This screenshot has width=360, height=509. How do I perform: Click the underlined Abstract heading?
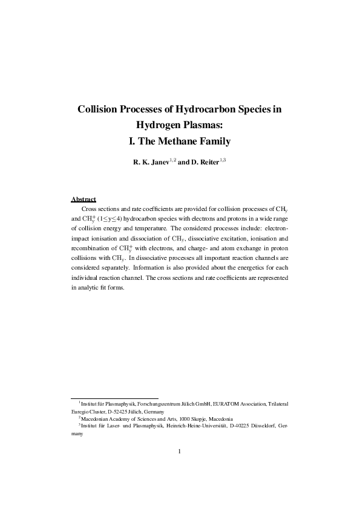(x=83, y=199)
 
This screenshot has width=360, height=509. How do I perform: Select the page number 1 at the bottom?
(x=180, y=450)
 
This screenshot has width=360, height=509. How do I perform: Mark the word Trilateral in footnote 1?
(x=275, y=403)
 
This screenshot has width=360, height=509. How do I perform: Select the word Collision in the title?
(x=99, y=110)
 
